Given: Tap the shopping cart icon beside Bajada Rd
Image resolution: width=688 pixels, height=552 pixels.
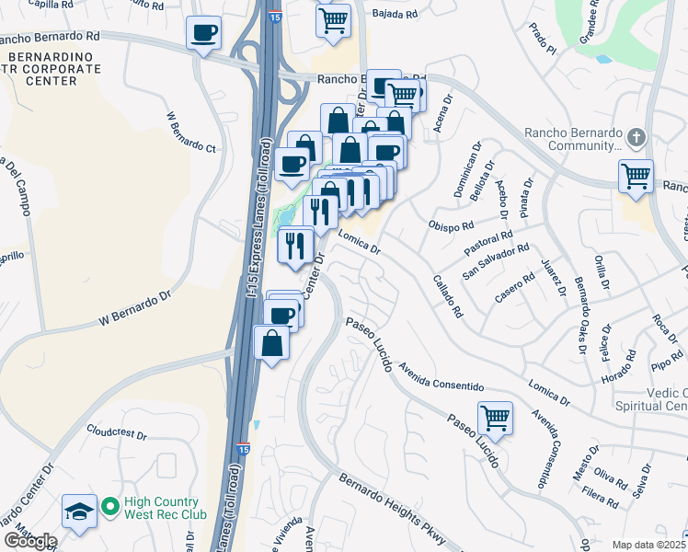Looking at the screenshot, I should [333, 18].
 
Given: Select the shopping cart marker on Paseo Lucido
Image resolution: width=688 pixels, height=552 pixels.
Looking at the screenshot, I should [495, 419].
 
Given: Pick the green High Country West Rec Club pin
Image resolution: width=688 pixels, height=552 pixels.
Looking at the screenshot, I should [109, 506].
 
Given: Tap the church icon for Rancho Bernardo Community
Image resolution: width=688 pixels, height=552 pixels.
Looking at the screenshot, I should [636, 138].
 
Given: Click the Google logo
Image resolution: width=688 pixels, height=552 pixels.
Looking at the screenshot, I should [30, 541].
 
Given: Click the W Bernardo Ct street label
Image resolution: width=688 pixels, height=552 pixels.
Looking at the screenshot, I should [190, 133].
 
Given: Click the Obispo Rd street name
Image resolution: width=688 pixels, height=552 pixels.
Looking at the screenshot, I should [451, 225].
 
